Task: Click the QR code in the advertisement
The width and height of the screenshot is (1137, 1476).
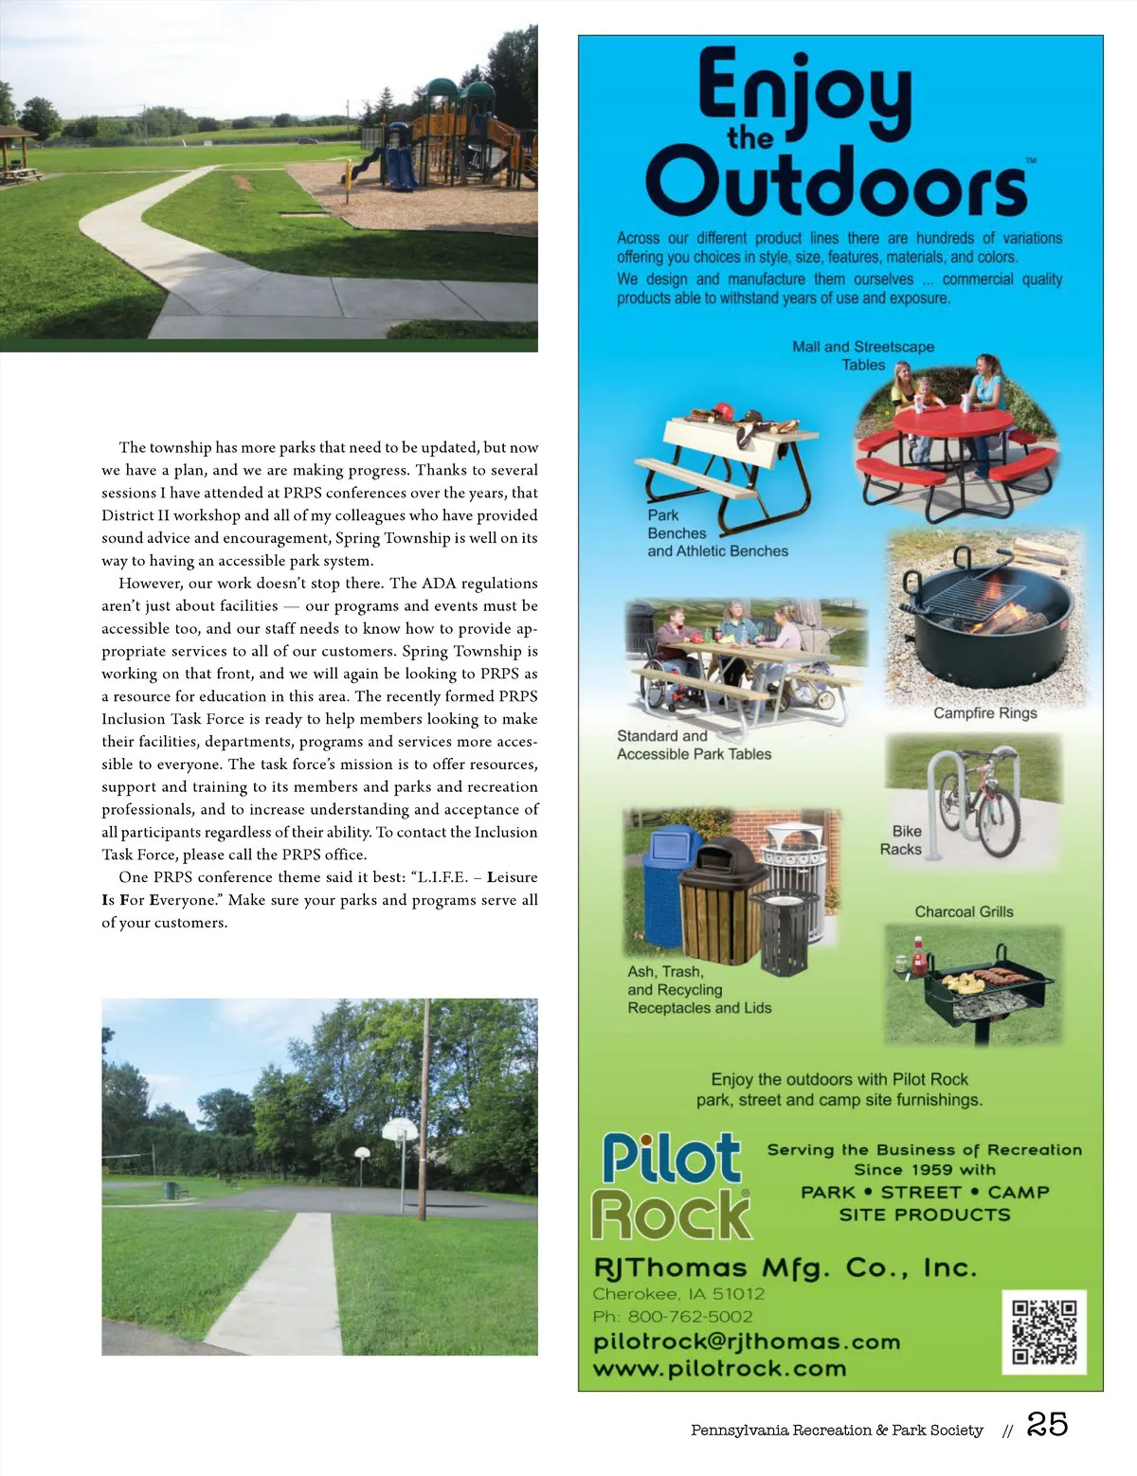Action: click(x=1044, y=1331)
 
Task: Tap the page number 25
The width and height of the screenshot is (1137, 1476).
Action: click(x=1047, y=1424)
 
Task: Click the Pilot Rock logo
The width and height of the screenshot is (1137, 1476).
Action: click(x=672, y=1185)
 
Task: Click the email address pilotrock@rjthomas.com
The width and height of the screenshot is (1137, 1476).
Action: click(x=747, y=1341)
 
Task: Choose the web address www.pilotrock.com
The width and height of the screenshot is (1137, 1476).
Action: click(x=719, y=1368)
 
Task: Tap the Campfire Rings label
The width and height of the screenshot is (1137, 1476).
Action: click(x=984, y=712)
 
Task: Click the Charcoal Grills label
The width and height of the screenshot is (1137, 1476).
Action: click(x=964, y=911)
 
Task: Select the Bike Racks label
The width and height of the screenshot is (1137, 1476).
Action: click(x=901, y=840)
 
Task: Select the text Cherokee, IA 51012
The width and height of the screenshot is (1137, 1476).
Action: click(x=678, y=1293)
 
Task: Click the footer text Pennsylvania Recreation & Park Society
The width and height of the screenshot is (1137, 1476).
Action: click(x=837, y=1430)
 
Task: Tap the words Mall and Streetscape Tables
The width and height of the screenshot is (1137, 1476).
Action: click(x=863, y=355)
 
